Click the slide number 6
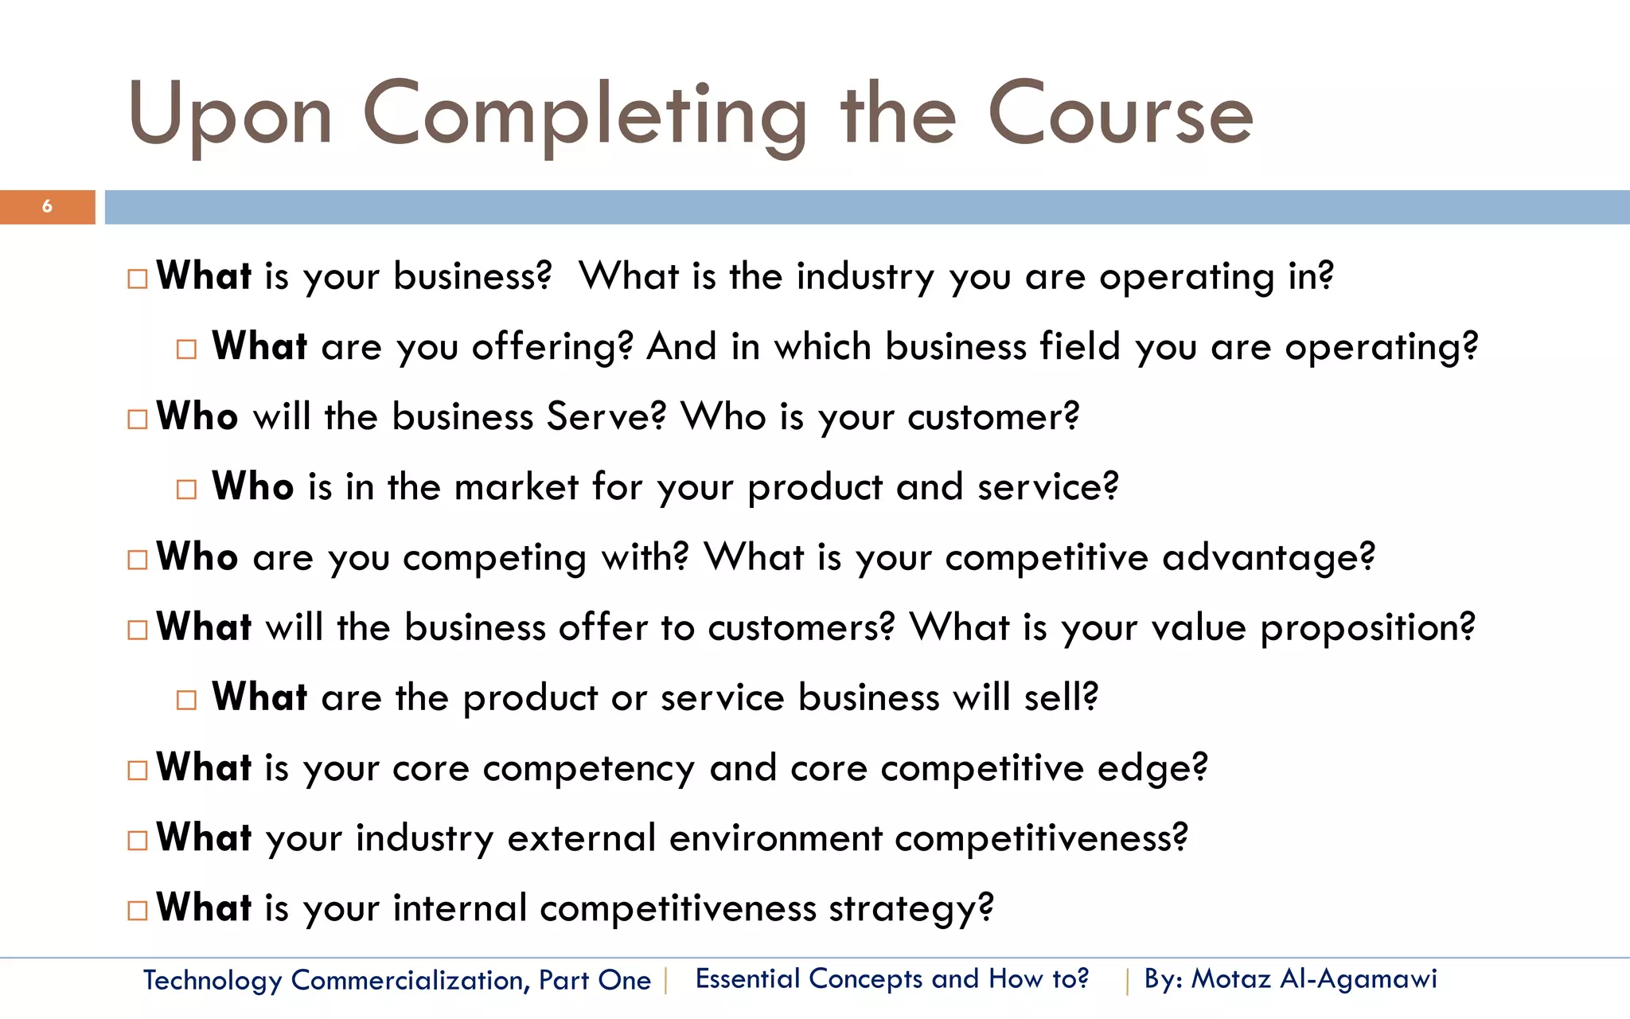pos(47,207)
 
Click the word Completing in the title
pos(585,116)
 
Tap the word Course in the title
pos(1120,116)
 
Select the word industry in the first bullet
pos(865,278)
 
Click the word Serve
pos(606,417)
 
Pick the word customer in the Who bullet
pos(992,417)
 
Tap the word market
pos(516,487)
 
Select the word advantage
pos(1268,557)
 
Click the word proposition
pos(1367,628)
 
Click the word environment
pos(775,838)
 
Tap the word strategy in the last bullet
pos(911,909)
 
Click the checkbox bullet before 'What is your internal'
pos(138,910)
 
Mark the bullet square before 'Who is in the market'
pos(186,489)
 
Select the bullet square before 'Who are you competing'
pos(138,560)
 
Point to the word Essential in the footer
pos(747,978)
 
